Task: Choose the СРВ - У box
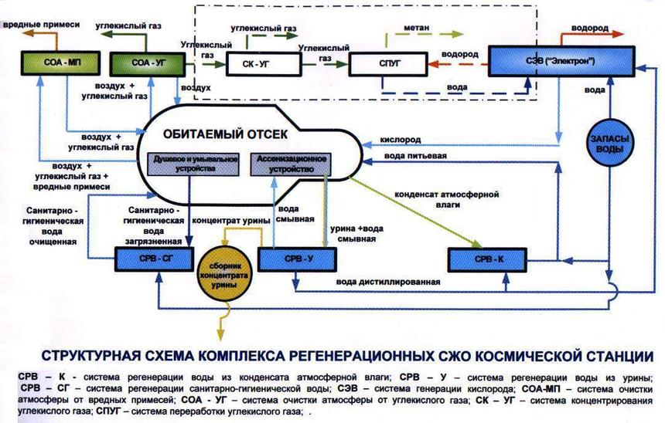point(289,259)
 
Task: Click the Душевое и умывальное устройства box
point(186,164)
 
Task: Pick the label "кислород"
point(401,142)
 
